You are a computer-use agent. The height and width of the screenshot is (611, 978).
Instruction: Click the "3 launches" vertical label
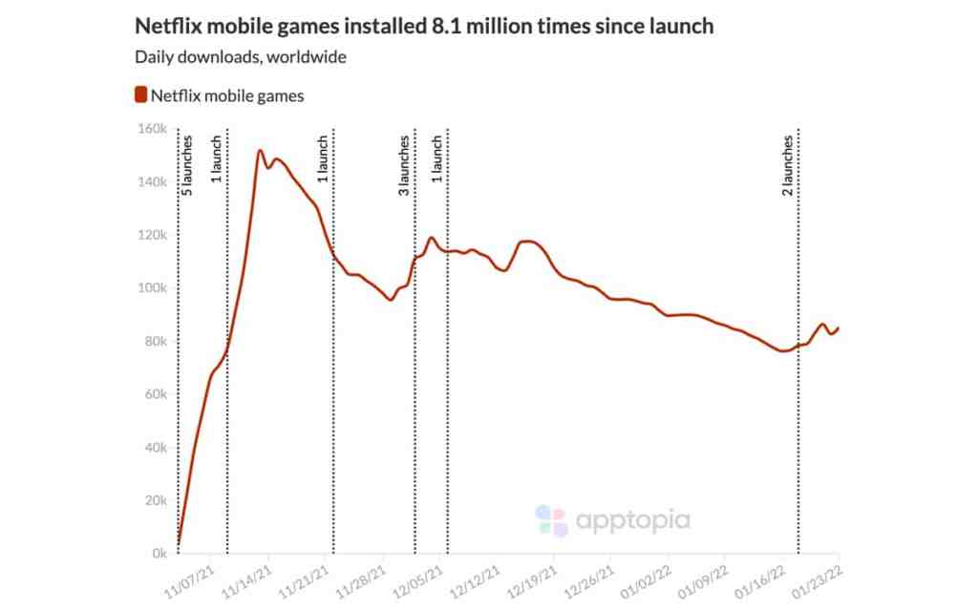pyautogui.click(x=404, y=165)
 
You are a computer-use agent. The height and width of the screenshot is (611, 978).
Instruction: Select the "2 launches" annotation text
pyautogui.click(x=788, y=165)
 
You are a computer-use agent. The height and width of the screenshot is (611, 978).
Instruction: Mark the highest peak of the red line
pyautogui.click(x=260, y=150)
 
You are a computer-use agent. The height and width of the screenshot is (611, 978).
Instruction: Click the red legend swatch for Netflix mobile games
pyautogui.click(x=140, y=95)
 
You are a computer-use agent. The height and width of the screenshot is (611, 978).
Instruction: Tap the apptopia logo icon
pyautogui.click(x=551, y=520)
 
